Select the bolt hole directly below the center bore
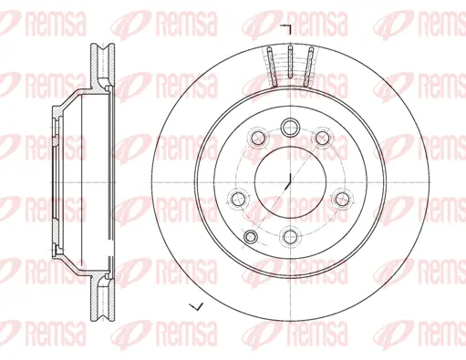point(290,236)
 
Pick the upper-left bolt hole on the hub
point(258,138)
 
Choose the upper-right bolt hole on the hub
point(322,138)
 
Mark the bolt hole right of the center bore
point(342,196)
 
